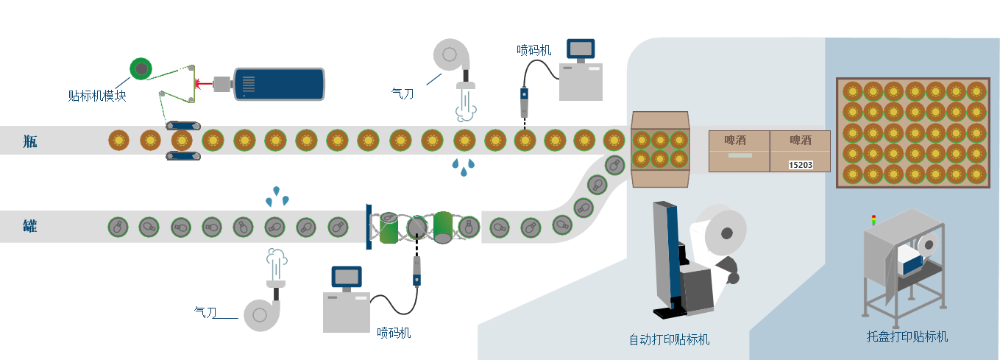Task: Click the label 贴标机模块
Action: pos(96,96)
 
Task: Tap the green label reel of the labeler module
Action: pos(140,68)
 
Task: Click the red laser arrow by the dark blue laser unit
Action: pos(203,84)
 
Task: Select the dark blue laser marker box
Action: pos(279,83)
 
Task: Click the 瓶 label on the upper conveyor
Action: pos(29,141)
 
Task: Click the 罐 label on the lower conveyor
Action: pos(29,226)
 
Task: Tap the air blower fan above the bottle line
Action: pos(449,54)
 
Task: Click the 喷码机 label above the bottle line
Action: pos(533,50)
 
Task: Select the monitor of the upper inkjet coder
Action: pos(581,49)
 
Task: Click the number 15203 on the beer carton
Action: pos(801,165)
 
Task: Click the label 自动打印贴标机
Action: pos(669,339)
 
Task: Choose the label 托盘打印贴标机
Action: pos(907,336)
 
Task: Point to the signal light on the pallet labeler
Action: pos(873,219)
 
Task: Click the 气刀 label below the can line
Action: pos(205,312)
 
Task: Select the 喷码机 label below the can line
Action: pos(394,332)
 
